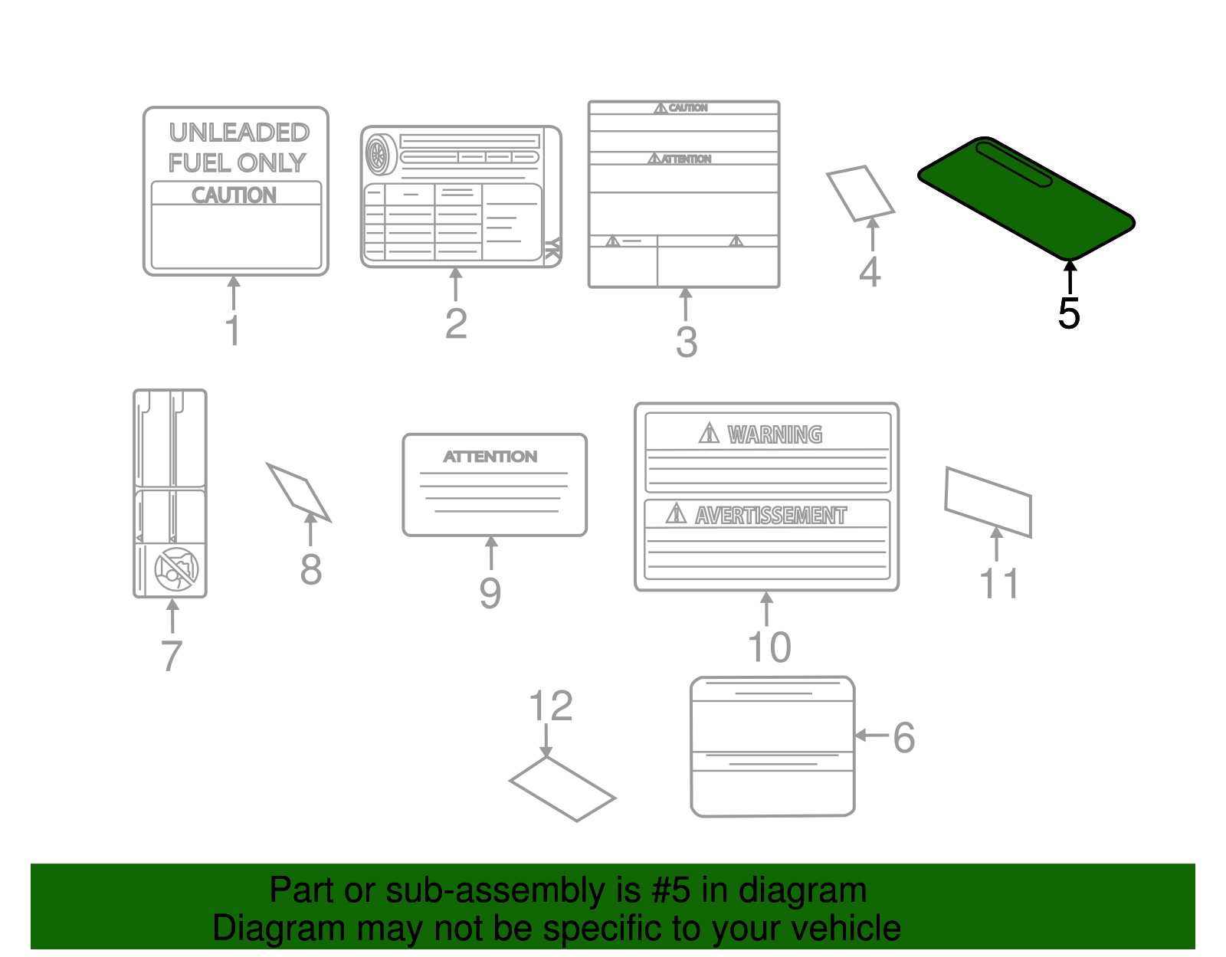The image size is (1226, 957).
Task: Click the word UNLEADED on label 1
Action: pyautogui.click(x=239, y=133)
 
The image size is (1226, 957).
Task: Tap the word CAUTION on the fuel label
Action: pyautogui.click(x=234, y=195)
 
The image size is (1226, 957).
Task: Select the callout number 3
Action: pyautogui.click(x=686, y=342)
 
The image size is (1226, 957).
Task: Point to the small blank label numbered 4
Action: pyautogui.click(x=860, y=193)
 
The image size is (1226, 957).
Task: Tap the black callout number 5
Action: pyautogui.click(x=1069, y=313)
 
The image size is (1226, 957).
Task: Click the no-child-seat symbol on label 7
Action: pyautogui.click(x=177, y=569)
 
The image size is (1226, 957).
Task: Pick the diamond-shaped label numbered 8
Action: pyautogui.click(x=299, y=492)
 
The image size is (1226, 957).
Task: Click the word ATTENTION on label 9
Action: pyautogui.click(x=490, y=457)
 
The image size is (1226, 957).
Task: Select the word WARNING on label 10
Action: pyautogui.click(x=775, y=434)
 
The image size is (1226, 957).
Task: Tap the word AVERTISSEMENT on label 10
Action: pyautogui.click(x=771, y=516)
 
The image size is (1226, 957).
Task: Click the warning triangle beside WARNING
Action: pyautogui.click(x=709, y=434)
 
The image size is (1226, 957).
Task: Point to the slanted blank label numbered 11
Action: pyautogui.click(x=988, y=502)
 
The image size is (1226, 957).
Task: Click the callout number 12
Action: pyautogui.click(x=550, y=706)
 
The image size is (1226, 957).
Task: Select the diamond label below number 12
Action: pyautogui.click(x=562, y=789)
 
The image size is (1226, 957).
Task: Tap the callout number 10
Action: pyautogui.click(x=769, y=647)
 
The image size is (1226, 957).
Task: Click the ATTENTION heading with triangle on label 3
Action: pyautogui.click(x=680, y=159)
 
